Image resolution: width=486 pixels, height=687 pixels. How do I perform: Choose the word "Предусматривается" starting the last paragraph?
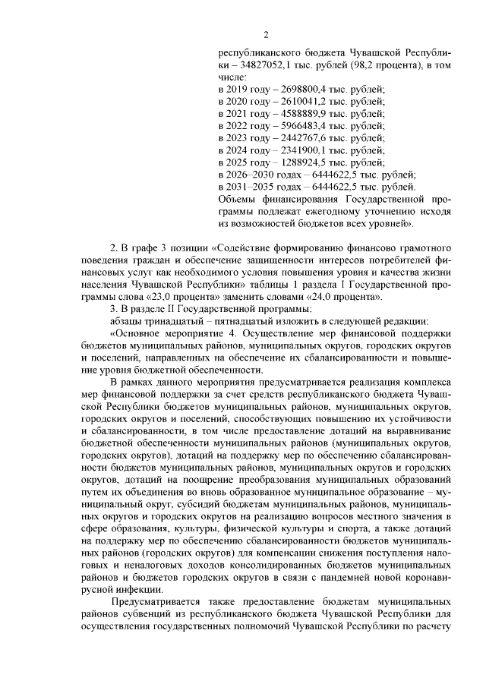[x=154, y=601]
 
